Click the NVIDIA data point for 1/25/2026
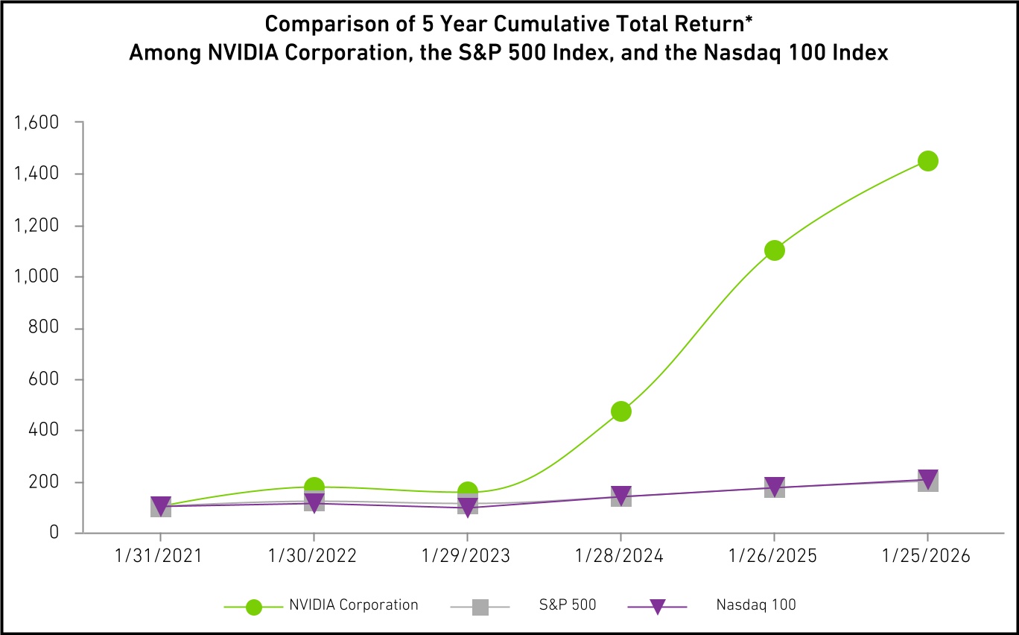(x=927, y=161)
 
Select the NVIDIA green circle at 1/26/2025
(x=774, y=250)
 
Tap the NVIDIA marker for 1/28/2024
(x=620, y=411)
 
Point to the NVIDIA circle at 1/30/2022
(x=314, y=487)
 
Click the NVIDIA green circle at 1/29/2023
(x=467, y=492)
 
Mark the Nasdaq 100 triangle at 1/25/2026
(x=927, y=478)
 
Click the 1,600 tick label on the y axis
(x=36, y=122)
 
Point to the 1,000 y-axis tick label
(x=36, y=277)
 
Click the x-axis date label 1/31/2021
(x=159, y=557)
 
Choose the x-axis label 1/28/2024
(x=620, y=557)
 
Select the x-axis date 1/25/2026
(x=927, y=557)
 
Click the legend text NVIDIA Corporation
(x=354, y=605)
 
